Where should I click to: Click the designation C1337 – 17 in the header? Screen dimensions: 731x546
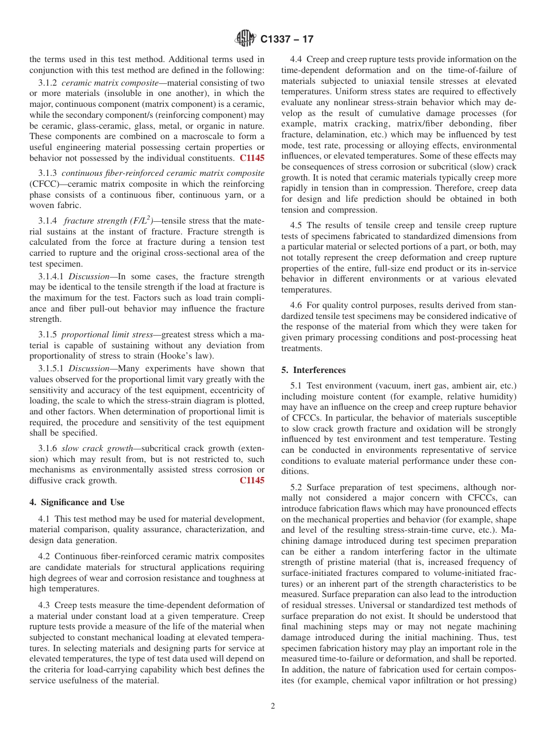coord(287,40)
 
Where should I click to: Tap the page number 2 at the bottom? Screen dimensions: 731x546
coord(273,706)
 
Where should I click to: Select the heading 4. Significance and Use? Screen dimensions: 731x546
coord(76,502)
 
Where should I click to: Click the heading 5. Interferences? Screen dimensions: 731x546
coord(313,370)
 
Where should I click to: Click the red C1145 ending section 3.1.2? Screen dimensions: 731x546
coord(252,157)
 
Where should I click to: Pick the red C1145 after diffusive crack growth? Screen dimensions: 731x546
coord(252,480)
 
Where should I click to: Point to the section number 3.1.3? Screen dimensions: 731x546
coord(48,173)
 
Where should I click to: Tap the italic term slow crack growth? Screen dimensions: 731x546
coord(97,448)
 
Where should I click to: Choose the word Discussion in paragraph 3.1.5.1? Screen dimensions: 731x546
coord(89,368)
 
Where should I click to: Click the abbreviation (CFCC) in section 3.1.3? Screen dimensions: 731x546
coord(42,184)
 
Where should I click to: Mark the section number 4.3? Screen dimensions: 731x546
coord(45,605)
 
